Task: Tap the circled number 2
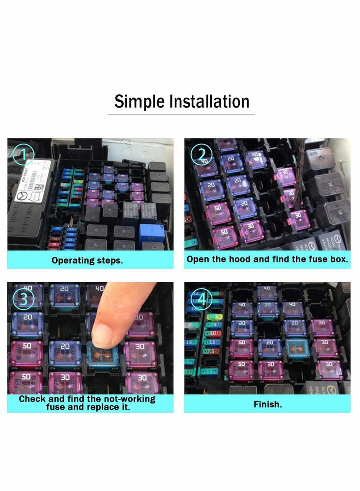[x=199, y=155]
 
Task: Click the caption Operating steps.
[x=87, y=261]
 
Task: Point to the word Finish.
[x=268, y=405]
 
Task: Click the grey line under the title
[x=180, y=115]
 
